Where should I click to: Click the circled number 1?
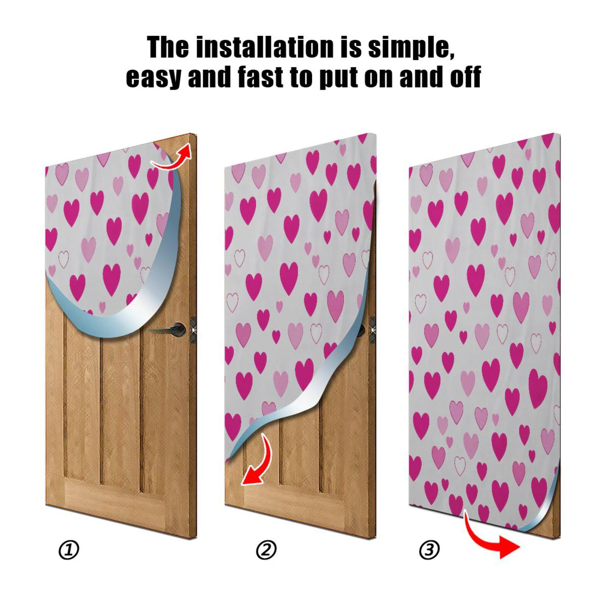point(69,550)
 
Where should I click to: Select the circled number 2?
point(266,550)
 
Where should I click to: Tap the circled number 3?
point(429,550)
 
